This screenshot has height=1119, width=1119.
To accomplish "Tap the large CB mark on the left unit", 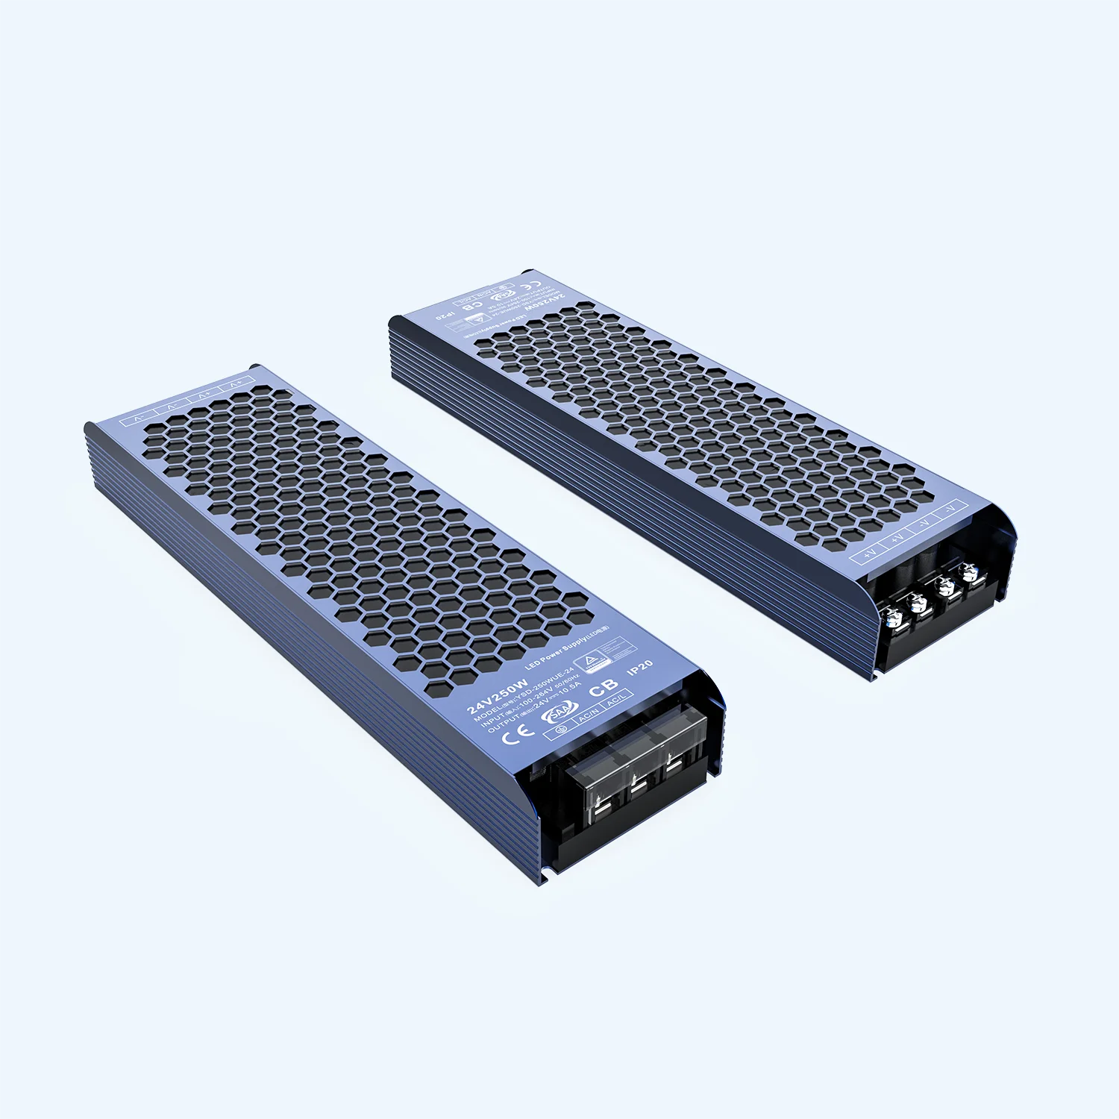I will coord(603,689).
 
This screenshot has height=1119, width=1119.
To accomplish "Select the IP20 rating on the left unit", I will coord(640,667).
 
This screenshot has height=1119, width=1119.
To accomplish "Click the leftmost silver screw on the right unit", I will coord(889,617).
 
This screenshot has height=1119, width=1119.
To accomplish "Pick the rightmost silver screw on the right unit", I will coord(970,572).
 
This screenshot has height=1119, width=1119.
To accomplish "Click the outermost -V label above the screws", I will coord(950,509).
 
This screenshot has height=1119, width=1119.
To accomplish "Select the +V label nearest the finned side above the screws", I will coord(869,554).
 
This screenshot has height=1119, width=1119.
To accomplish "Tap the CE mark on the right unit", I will coord(530,286).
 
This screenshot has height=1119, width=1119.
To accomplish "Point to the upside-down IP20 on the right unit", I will coord(445,314).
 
